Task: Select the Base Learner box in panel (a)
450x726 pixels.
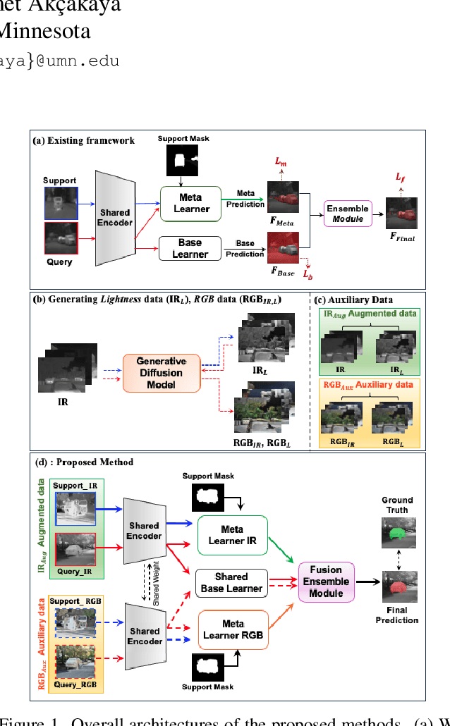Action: [190, 249]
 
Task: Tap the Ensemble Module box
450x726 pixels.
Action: [347, 214]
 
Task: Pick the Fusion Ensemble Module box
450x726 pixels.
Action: [326, 582]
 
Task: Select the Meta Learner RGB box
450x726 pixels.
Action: [233, 629]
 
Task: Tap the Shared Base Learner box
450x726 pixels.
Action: [231, 582]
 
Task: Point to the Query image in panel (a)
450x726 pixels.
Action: [61, 238]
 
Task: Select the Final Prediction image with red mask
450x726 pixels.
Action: [397, 584]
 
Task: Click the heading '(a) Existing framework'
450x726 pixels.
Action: [84, 140]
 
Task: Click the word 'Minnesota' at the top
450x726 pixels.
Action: [44, 32]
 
